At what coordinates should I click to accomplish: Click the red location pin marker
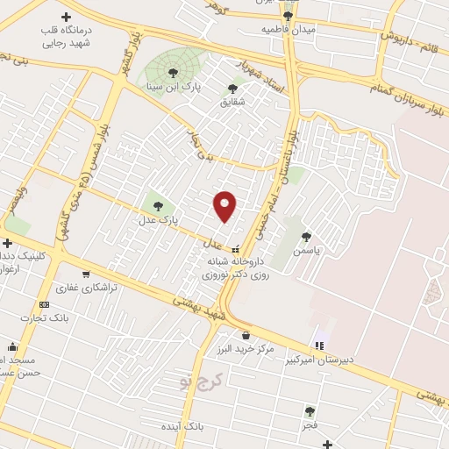click(x=225, y=206)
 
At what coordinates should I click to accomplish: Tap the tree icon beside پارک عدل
click(x=159, y=206)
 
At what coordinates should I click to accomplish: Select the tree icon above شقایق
click(x=232, y=88)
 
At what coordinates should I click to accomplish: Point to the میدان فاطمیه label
click(x=288, y=29)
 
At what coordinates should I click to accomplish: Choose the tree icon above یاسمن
click(x=306, y=236)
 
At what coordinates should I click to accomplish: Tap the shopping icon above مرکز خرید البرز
click(x=245, y=334)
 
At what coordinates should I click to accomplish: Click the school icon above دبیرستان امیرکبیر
click(x=319, y=346)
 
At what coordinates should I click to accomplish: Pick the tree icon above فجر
click(x=309, y=410)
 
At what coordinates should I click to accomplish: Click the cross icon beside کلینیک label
click(x=7, y=243)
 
